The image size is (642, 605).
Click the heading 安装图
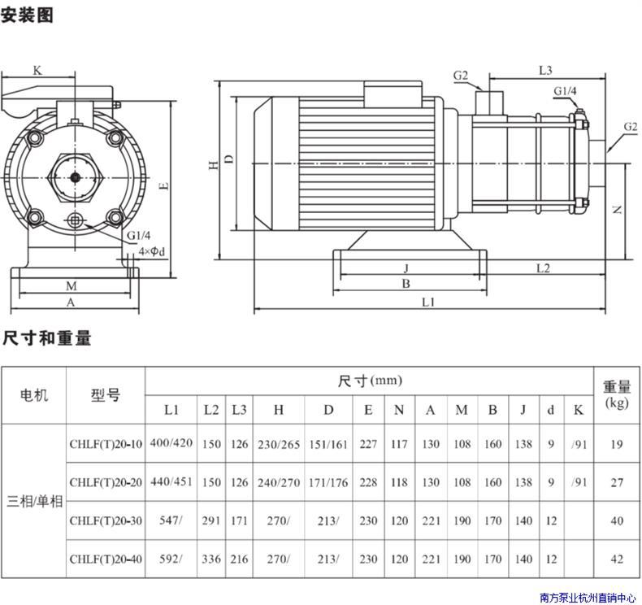point(27,15)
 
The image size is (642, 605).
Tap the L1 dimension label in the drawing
point(428,302)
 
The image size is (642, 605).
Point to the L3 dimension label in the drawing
point(545,70)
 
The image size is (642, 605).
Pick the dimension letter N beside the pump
point(617,209)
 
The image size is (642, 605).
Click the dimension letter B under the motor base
point(406,284)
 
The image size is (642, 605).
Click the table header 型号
point(106,395)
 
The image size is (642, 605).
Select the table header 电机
point(33,395)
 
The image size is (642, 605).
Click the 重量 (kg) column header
point(617,394)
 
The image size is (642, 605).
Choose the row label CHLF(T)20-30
point(106,520)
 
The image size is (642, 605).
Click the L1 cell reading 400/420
point(171,444)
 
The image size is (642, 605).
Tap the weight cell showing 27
point(617,482)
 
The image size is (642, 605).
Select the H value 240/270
point(279,482)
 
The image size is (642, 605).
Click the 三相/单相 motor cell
point(33,501)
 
